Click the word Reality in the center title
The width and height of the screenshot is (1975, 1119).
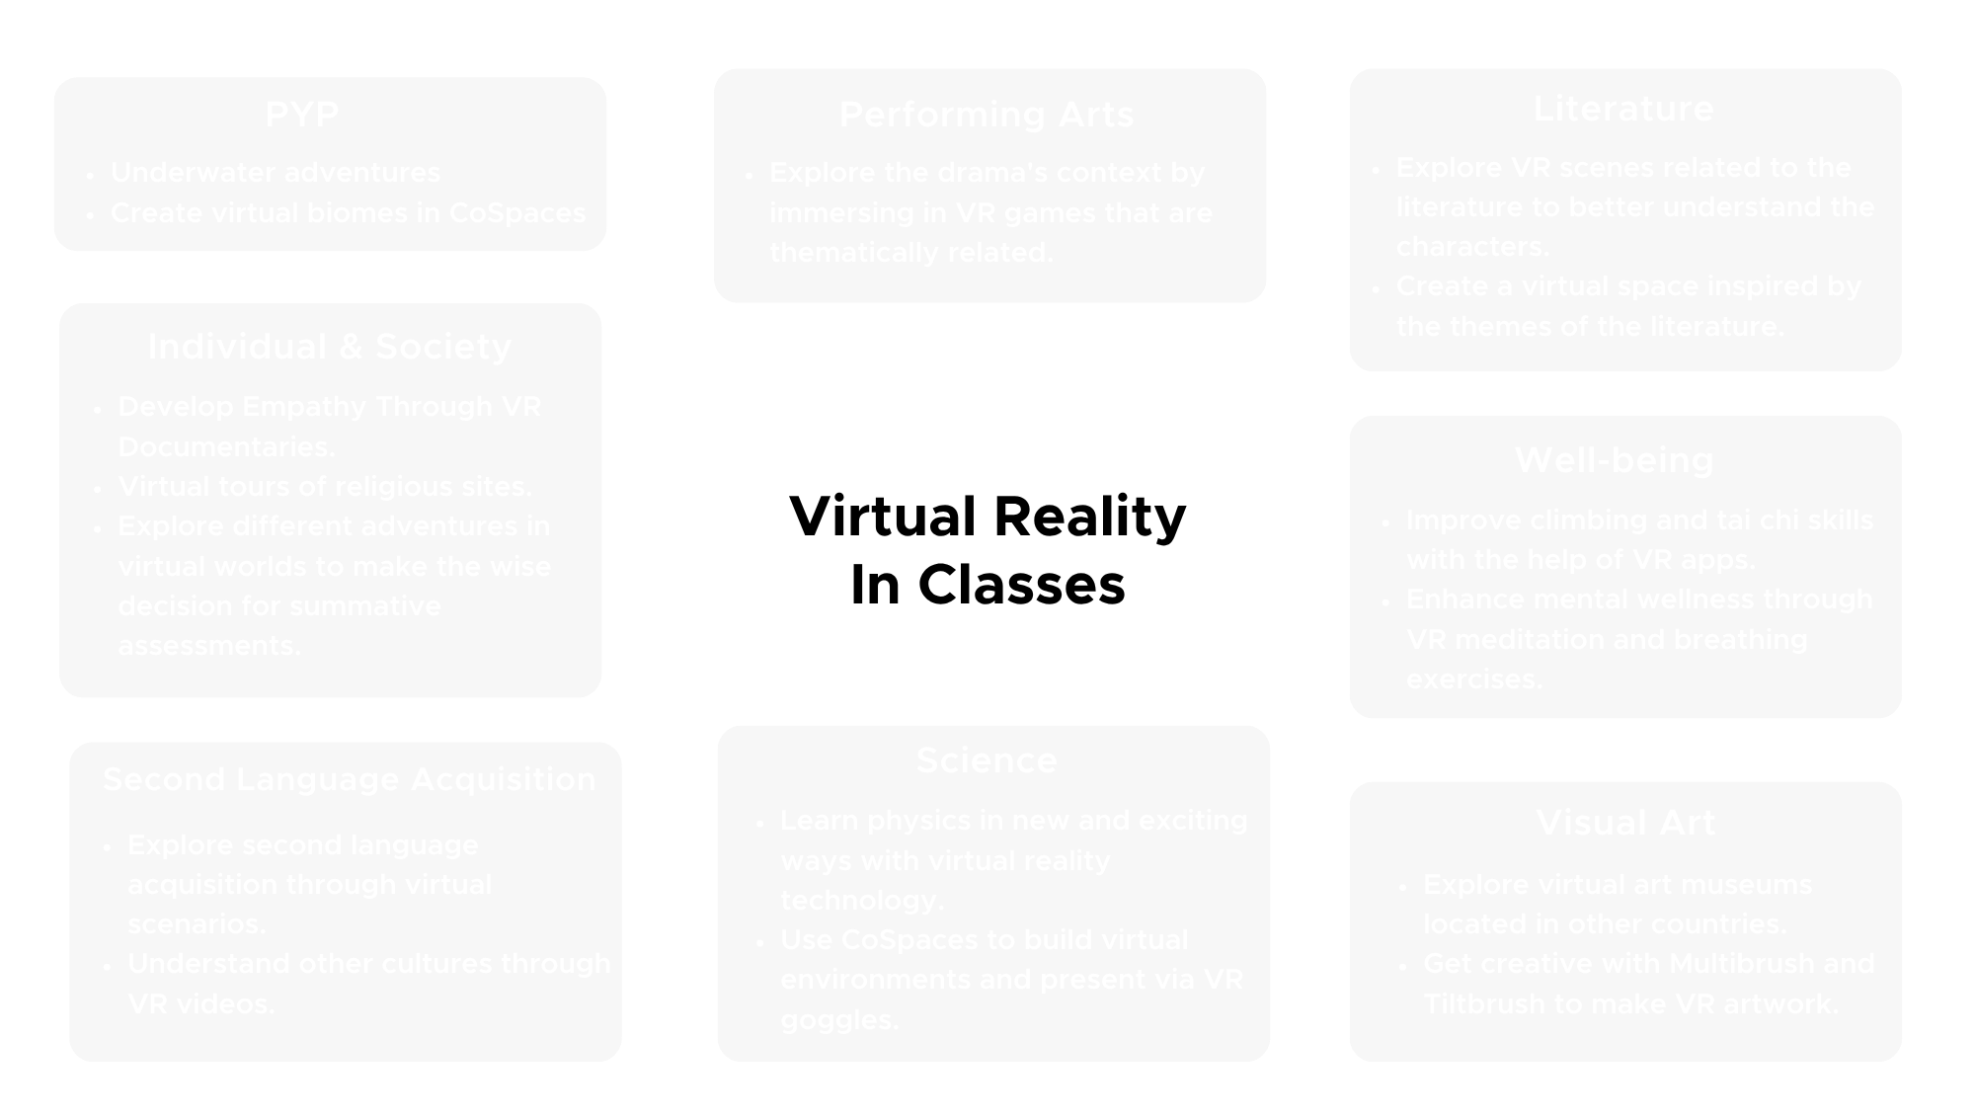pos(1089,517)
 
